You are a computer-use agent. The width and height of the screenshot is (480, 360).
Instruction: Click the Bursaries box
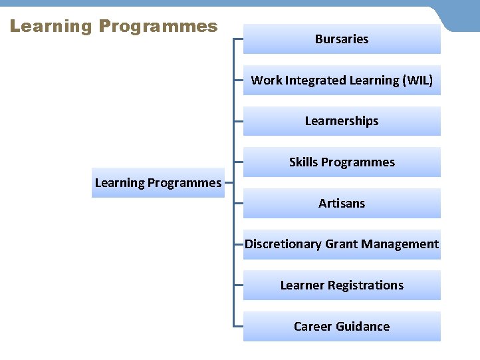[342, 39]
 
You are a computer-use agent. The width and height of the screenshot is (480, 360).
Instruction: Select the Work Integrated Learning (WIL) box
[342, 81]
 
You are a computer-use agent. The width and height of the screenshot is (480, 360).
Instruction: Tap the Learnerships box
[342, 121]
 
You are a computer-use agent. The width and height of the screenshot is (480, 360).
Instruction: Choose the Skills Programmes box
[342, 162]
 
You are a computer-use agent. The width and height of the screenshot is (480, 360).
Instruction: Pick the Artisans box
[342, 204]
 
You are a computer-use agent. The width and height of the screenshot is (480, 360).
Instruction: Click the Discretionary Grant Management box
[342, 244]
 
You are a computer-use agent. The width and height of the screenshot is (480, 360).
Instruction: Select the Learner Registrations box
[342, 285]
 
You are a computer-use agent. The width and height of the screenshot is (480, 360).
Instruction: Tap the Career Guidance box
[342, 327]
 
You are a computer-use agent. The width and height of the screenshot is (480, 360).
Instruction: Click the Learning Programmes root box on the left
[158, 183]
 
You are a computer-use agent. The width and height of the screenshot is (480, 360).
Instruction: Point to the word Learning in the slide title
[51, 27]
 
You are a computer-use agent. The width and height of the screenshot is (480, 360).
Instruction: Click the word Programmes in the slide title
[158, 27]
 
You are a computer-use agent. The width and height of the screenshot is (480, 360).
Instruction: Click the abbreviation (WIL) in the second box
[418, 81]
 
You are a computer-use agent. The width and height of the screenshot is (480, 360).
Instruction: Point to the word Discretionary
[283, 244]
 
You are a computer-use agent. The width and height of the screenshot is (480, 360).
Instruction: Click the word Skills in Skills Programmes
[303, 162]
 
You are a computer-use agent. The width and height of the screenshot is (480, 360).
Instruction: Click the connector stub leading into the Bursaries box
[238, 39]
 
